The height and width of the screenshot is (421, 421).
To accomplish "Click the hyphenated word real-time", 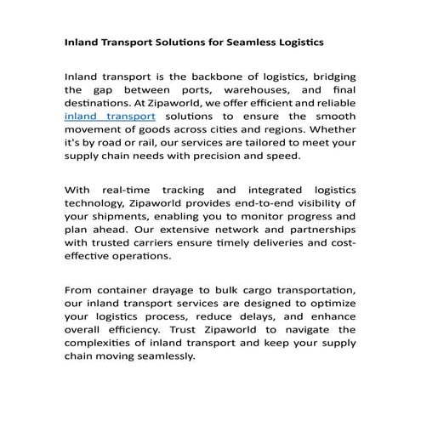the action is pos(127,188).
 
